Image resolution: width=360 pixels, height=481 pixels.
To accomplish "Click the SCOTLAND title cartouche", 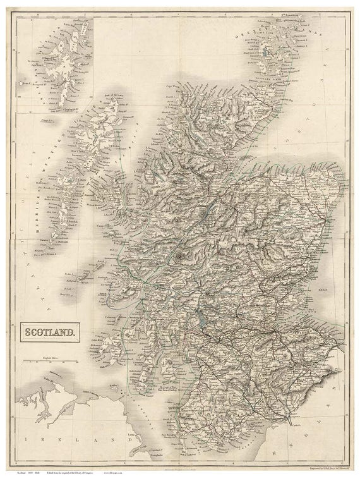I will [x=52, y=329].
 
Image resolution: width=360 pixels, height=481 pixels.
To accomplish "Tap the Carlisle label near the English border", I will [x=291, y=418].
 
